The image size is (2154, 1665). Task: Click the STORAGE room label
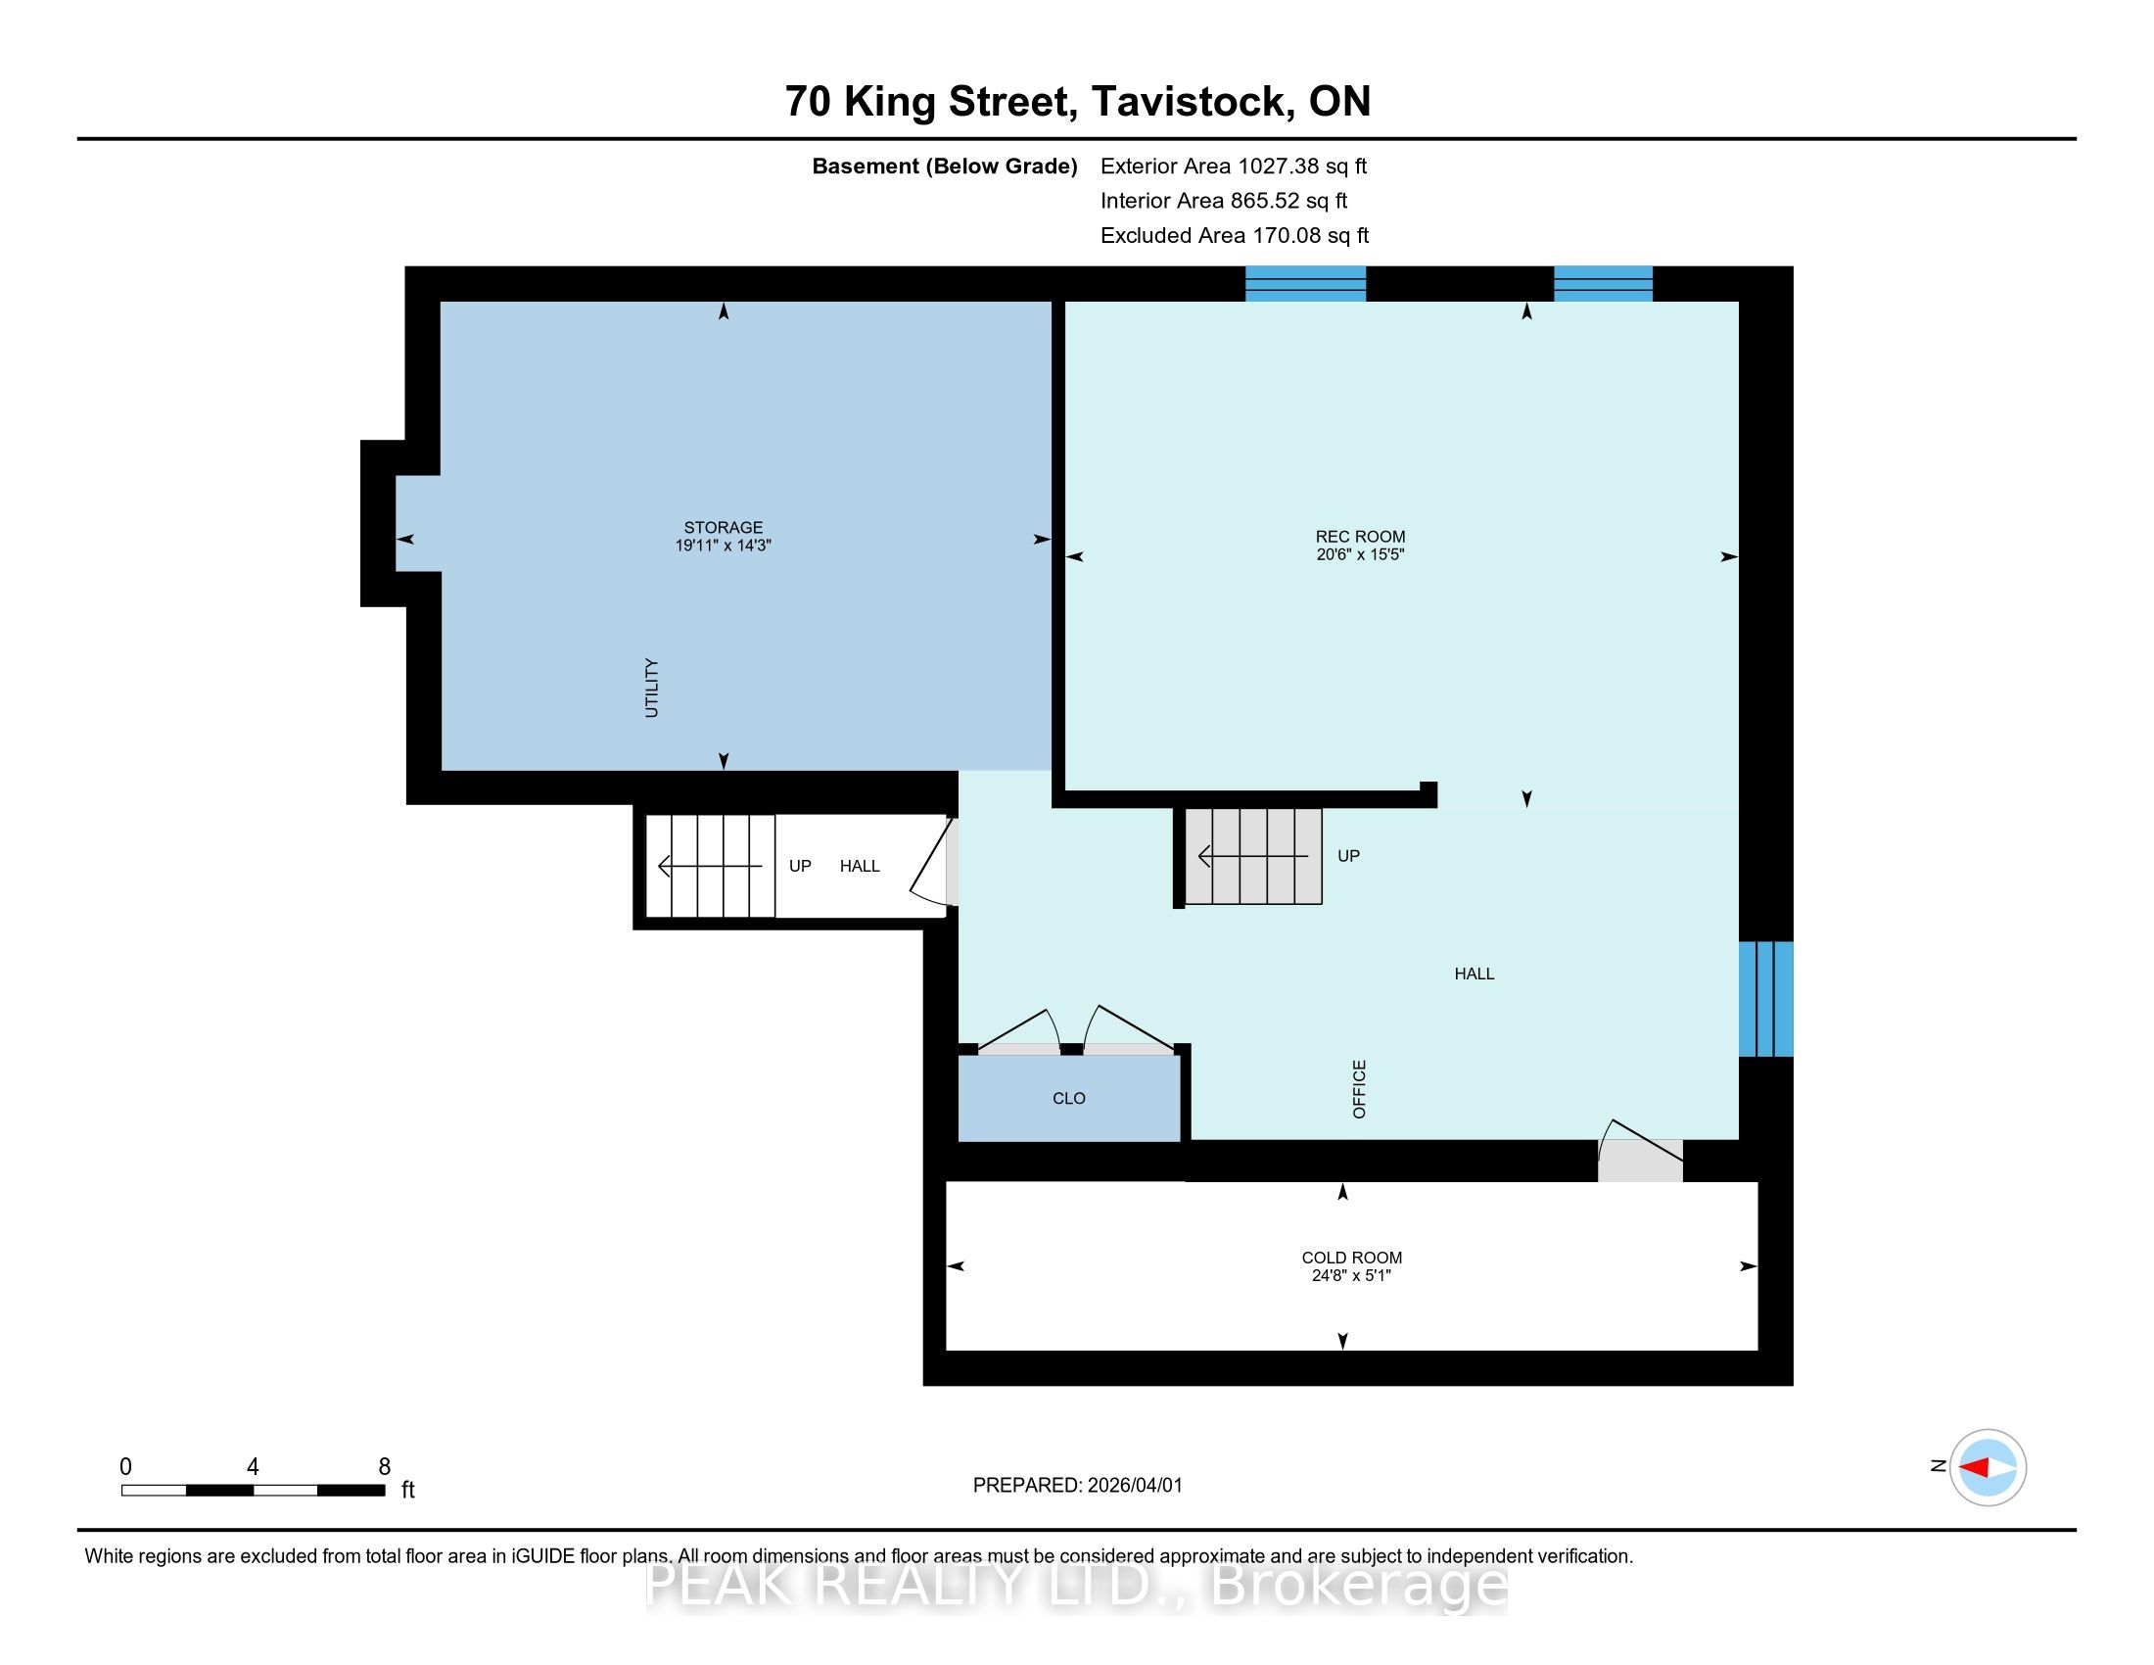[723, 528]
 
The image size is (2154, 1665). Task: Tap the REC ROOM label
[1360, 537]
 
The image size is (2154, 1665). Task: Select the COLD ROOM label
[1351, 1258]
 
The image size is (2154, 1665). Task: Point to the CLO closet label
[1069, 1098]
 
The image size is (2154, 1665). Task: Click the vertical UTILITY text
[651, 688]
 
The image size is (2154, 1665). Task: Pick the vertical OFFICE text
[1359, 1089]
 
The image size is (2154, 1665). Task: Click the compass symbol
[1988, 1467]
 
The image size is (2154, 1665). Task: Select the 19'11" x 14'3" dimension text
[723, 546]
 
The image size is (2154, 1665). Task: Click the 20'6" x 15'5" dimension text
[1360, 554]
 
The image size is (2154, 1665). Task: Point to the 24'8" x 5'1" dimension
[1351, 1275]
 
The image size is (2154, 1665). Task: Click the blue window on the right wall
[1765, 998]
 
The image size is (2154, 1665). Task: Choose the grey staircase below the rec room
[1252, 856]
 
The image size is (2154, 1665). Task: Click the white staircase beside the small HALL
[710, 865]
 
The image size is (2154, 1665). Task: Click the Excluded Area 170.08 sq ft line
[1235, 235]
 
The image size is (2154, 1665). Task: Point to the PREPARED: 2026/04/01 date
[1077, 1485]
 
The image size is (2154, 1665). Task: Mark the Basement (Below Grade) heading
[944, 166]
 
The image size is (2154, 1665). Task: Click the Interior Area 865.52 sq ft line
[1224, 200]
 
